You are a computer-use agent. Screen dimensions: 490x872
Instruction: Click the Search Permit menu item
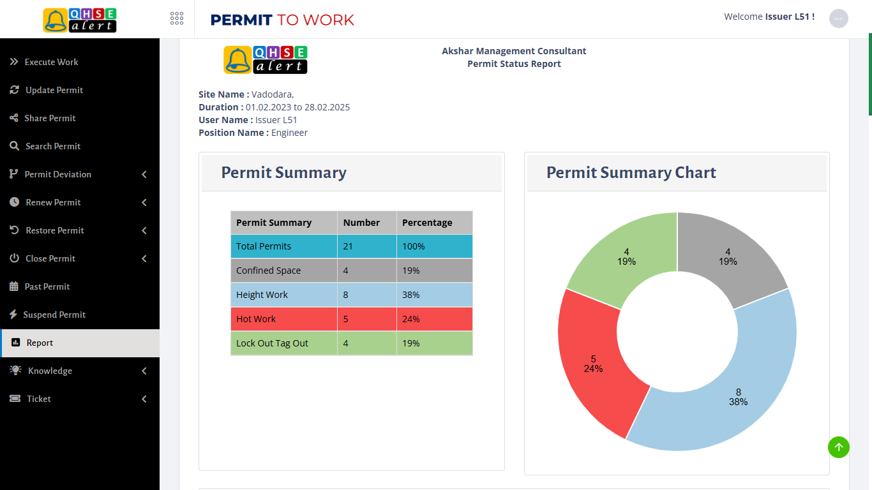tap(53, 146)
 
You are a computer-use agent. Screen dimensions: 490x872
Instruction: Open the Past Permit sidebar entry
tap(47, 286)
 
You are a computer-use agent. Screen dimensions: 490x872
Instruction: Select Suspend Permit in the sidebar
tap(54, 315)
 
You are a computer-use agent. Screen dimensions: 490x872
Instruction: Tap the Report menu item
tap(40, 343)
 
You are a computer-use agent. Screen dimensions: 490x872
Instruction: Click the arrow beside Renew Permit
tap(144, 202)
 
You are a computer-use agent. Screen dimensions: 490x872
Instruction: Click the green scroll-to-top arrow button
tap(839, 447)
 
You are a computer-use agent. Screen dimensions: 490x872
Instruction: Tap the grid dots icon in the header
tap(177, 19)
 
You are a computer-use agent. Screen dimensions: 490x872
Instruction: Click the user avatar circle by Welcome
tap(838, 19)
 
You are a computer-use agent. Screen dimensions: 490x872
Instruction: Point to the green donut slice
tap(626, 255)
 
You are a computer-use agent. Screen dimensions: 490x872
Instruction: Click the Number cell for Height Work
tap(346, 295)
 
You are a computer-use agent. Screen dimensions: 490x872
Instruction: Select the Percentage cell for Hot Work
tap(411, 319)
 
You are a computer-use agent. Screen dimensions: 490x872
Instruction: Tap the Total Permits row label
tap(264, 246)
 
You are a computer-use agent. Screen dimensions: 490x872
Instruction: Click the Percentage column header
tap(427, 223)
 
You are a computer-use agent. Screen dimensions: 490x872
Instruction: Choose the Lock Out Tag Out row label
tap(272, 343)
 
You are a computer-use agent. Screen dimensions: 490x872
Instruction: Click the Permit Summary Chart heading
tap(631, 172)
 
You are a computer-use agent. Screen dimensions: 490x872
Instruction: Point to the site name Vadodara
tap(272, 94)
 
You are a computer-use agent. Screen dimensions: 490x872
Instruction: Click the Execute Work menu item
tap(51, 62)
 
